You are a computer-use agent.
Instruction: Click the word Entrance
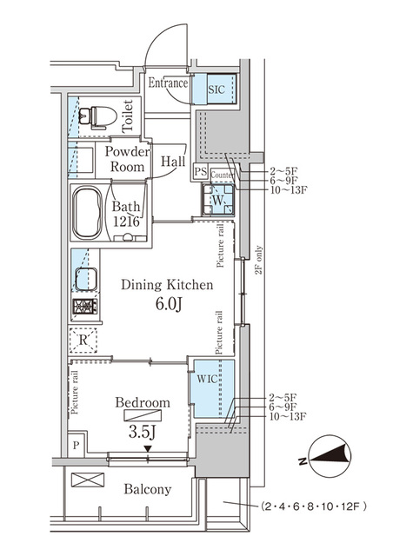(x=168, y=83)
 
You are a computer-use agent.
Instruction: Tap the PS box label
(x=200, y=172)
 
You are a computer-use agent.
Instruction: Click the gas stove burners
(x=85, y=307)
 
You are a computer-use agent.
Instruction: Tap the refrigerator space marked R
(x=83, y=339)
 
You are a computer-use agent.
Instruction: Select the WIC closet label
(x=206, y=380)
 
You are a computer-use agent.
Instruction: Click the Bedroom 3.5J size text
(x=143, y=431)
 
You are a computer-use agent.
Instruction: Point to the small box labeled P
(x=77, y=446)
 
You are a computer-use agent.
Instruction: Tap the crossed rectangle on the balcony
(x=87, y=480)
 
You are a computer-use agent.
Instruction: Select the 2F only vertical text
(x=257, y=258)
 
